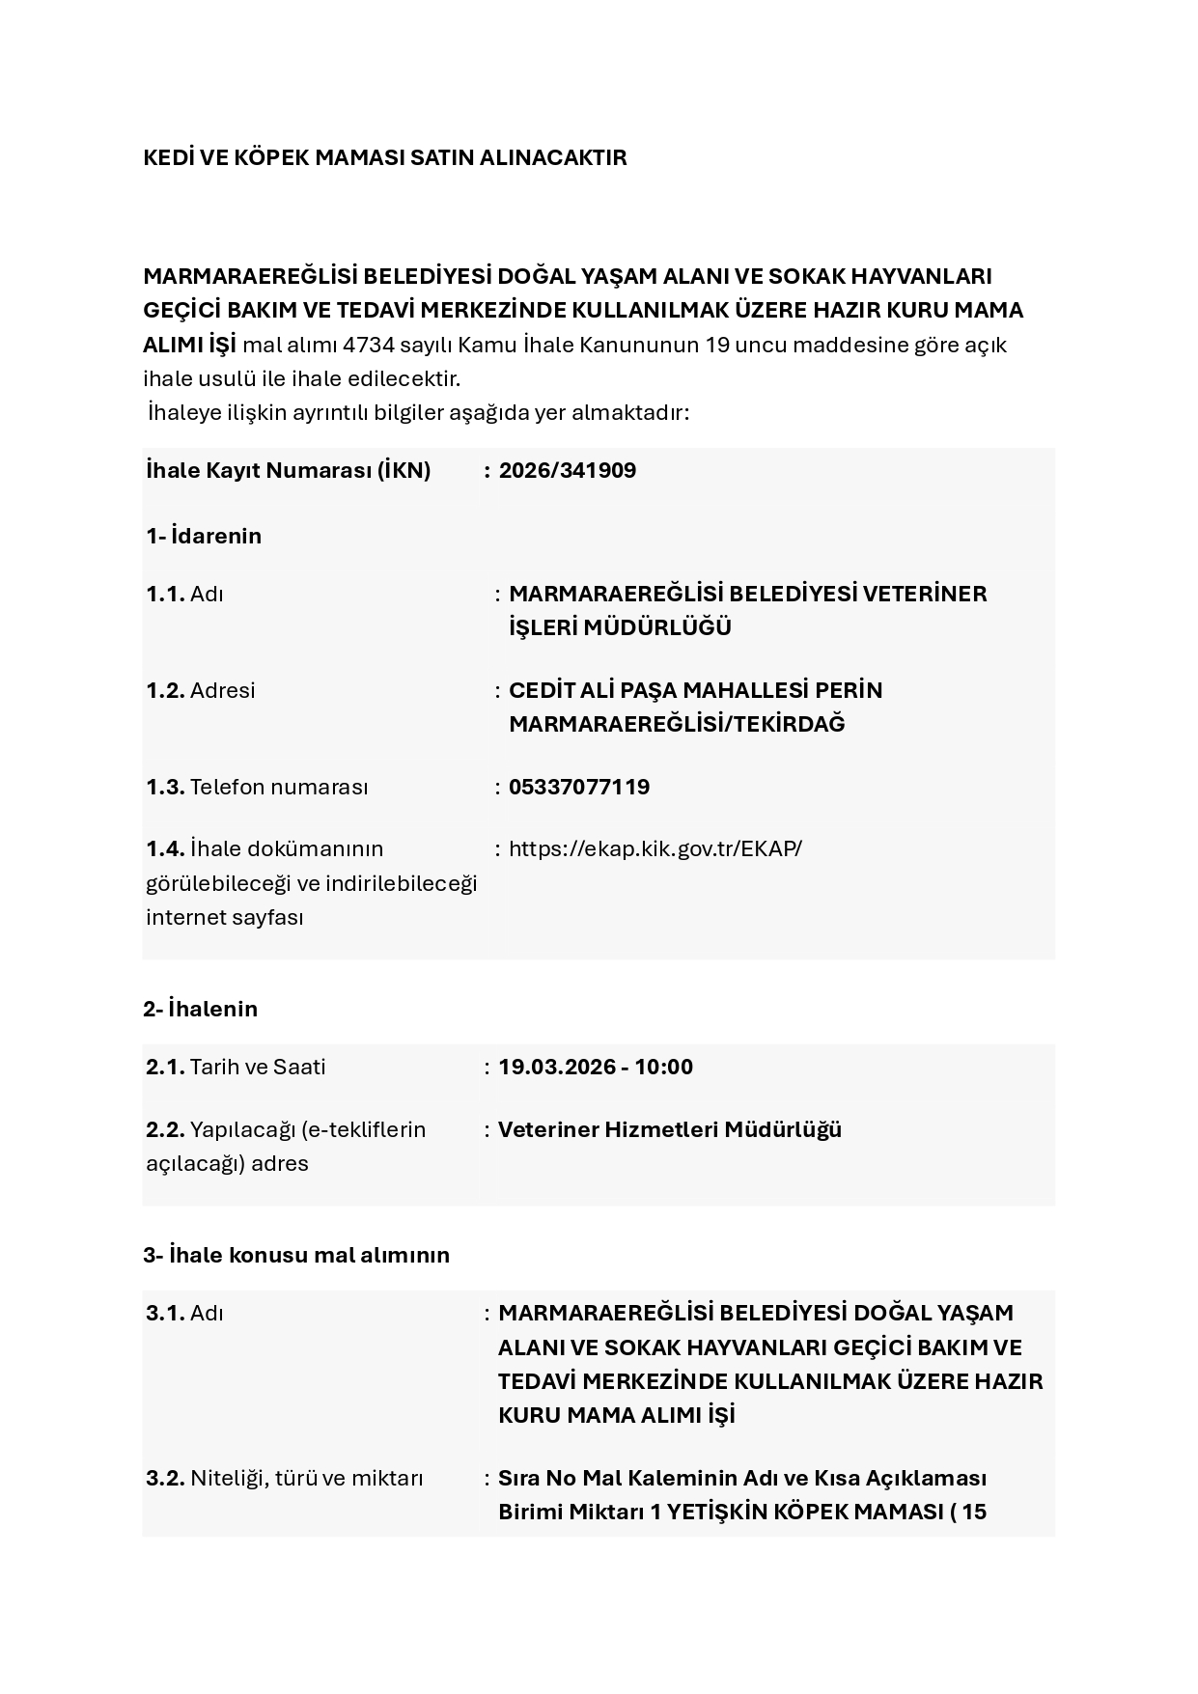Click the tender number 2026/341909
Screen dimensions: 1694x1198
pos(567,471)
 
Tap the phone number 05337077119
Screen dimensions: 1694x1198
pos(578,787)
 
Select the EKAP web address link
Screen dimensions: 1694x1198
pos(655,848)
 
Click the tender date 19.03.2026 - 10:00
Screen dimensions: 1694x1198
pos(595,1067)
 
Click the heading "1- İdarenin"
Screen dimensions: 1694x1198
pos(204,536)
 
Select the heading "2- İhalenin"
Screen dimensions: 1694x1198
pos(200,1009)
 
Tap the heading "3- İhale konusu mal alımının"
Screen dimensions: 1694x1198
pos(296,1255)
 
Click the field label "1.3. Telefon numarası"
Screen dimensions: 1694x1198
pos(257,787)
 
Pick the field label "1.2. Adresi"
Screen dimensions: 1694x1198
pos(201,690)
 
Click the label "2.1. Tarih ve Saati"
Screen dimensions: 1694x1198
pos(236,1067)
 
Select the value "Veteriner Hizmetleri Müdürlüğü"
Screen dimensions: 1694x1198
pos(669,1129)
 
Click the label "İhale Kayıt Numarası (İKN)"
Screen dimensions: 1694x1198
pos(288,471)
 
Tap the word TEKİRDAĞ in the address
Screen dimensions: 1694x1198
pos(789,724)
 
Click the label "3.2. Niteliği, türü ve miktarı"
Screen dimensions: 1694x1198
pos(285,1478)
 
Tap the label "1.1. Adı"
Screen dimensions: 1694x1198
pos(184,594)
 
